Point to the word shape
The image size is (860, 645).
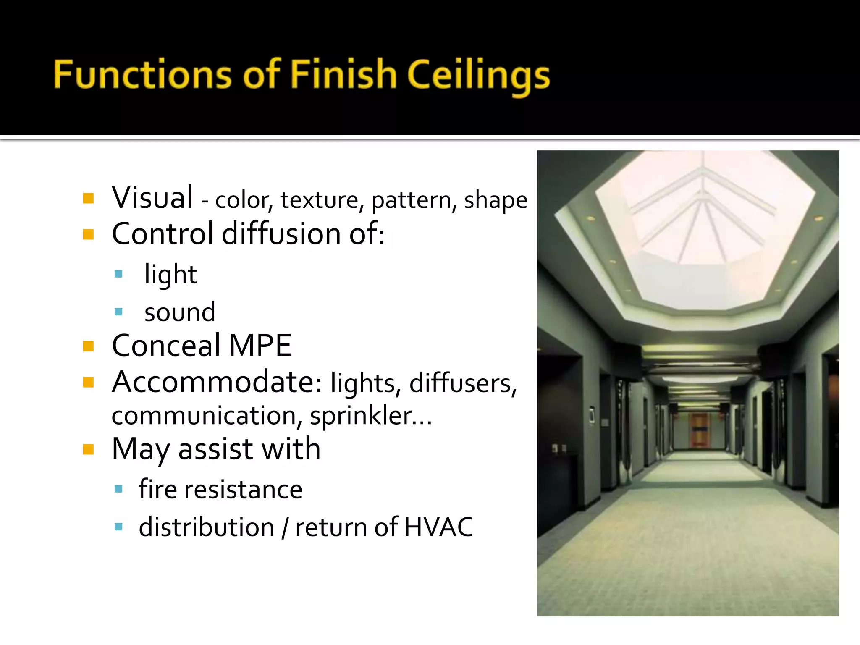[496, 200]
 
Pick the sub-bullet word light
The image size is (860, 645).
[170, 275]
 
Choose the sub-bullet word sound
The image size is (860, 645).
[180, 312]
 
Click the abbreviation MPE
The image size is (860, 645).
[260, 346]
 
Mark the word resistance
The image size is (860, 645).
[243, 490]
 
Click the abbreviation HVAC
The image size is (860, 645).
[438, 527]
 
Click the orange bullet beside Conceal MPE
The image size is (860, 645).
[88, 346]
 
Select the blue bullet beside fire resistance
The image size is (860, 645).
[118, 489]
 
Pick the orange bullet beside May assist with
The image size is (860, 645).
[88, 450]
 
